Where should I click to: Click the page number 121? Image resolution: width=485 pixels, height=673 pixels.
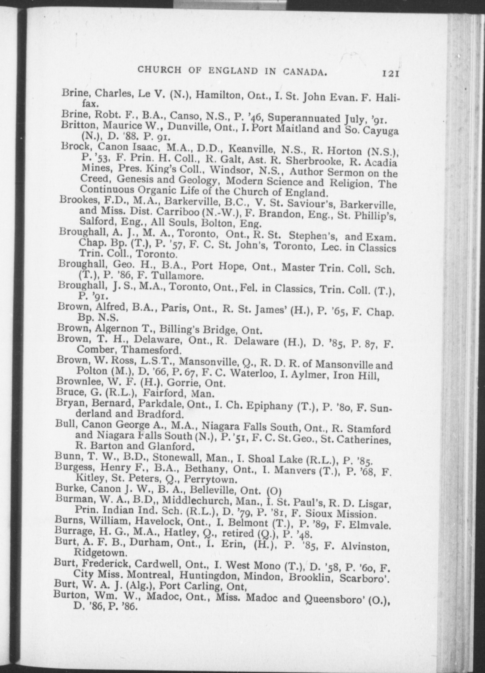point(391,74)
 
